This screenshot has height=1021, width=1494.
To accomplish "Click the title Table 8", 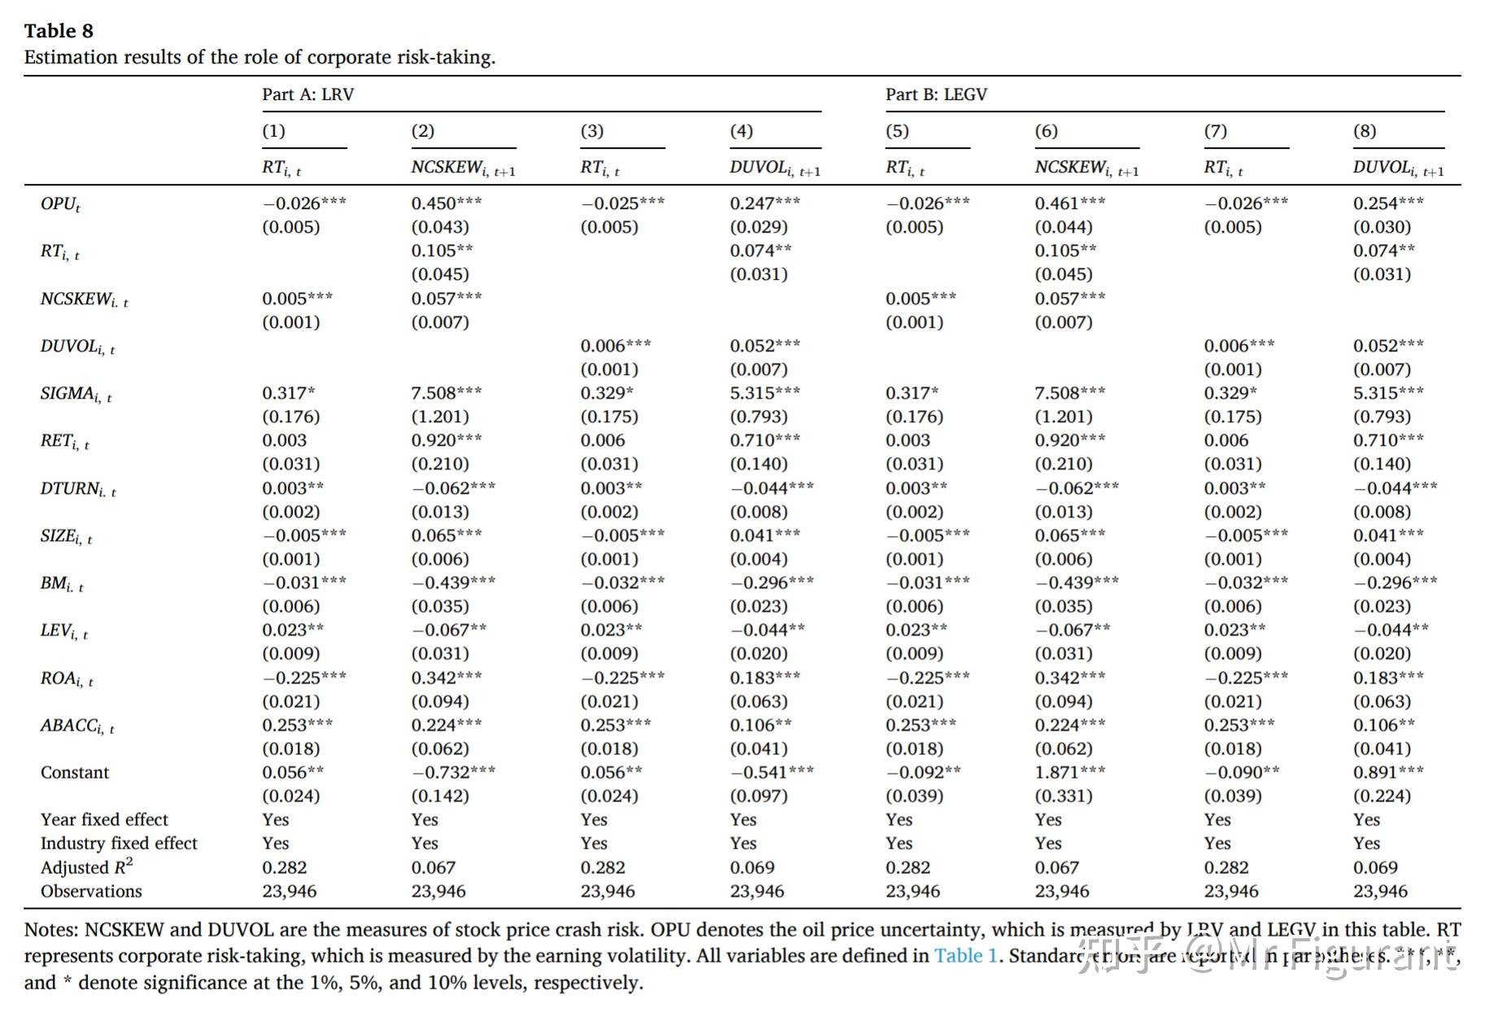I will (x=59, y=31).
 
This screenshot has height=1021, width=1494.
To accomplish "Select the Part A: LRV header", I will (x=307, y=94).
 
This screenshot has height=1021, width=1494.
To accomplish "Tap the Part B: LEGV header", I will (x=936, y=94).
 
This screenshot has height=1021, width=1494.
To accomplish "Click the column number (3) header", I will (x=592, y=131).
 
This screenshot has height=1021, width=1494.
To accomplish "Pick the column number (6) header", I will (x=1046, y=131).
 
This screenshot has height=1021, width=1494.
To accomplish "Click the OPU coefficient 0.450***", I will (x=446, y=203).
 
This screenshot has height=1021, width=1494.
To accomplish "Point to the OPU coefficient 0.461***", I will (x=1069, y=203).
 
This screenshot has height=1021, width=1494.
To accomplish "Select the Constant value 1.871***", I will (x=1069, y=772).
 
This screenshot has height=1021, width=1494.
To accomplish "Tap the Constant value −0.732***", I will (x=453, y=772).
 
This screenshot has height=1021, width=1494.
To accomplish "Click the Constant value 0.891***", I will (x=1388, y=772).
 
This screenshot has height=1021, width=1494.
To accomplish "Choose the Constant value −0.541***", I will (x=771, y=772).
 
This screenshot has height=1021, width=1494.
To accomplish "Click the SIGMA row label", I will (x=76, y=395).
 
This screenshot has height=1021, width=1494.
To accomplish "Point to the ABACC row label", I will (x=77, y=726).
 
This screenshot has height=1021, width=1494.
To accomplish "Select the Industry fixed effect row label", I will (x=119, y=844).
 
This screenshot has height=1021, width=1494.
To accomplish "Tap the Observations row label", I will (x=91, y=892).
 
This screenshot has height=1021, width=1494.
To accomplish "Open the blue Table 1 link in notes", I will (x=965, y=956).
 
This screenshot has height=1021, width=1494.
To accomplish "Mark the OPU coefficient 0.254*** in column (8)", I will (x=1388, y=203).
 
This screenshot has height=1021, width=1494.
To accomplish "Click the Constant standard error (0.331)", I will (x=1063, y=796).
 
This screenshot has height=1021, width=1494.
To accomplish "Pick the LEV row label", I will (x=64, y=631).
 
